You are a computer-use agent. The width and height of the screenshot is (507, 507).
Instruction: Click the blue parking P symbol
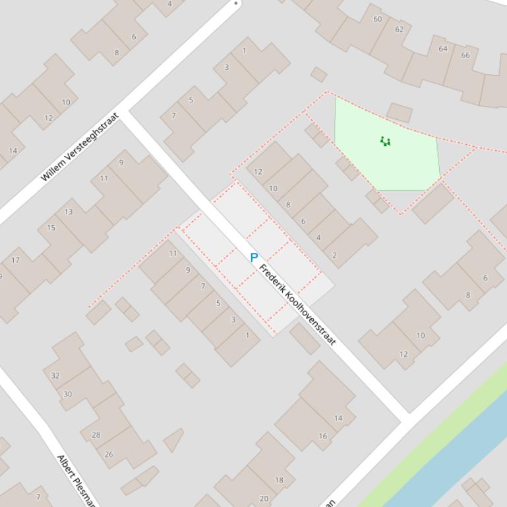coord(254,258)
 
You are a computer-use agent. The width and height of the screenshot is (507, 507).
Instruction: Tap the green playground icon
coord(385,141)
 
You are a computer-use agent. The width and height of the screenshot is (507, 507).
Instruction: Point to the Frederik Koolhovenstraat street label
coord(298,305)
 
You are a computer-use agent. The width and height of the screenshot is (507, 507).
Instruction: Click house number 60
coord(377,19)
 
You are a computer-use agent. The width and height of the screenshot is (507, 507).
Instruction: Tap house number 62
coord(400,29)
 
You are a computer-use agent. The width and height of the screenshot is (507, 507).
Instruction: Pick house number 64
coord(443,48)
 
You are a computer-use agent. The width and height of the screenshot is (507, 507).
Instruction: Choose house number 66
coord(465,55)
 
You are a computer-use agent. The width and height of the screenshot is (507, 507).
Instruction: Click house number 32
coord(55,376)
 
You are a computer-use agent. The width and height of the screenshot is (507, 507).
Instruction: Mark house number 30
coord(67,394)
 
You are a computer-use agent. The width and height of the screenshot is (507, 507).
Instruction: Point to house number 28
coord(96,435)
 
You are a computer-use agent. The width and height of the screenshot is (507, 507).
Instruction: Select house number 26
coord(109,454)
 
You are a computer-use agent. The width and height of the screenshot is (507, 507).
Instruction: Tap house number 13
coord(69,211)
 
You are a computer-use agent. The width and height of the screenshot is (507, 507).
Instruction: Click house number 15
coord(51,228)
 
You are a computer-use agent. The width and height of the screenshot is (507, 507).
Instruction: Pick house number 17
coord(15,260)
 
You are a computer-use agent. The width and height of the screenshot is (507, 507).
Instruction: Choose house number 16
coord(322,436)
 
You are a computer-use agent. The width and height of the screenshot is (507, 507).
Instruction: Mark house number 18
coord(279,480)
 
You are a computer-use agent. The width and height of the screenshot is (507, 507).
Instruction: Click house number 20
coord(264,498)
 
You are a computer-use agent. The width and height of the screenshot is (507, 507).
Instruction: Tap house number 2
coord(334,255)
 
